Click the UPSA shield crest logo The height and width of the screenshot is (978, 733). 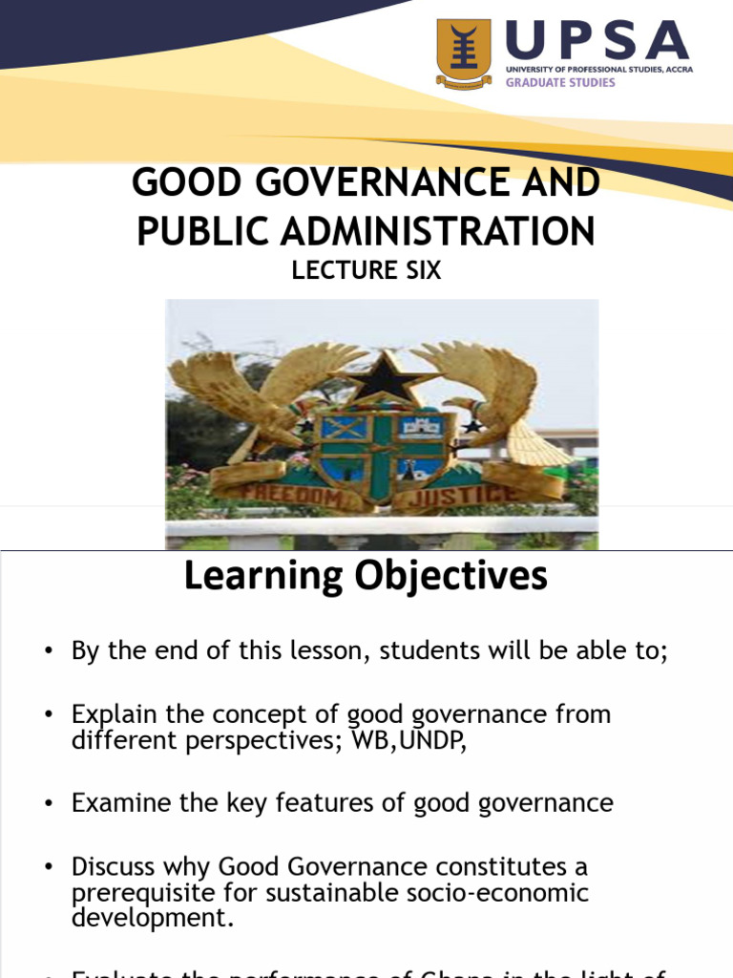(464, 53)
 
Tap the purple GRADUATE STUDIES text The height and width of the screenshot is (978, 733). (560, 82)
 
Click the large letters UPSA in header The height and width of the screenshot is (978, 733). (597, 41)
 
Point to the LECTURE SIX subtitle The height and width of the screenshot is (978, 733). (366, 270)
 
